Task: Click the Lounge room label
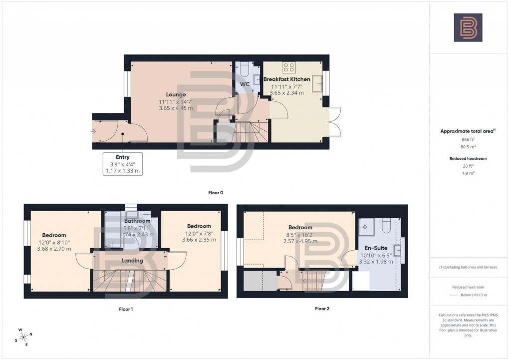(x=176, y=94)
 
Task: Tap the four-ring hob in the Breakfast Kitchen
(x=289, y=67)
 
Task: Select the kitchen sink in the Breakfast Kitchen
(x=317, y=86)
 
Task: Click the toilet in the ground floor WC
(x=245, y=68)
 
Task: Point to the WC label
(x=245, y=84)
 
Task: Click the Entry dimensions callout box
(x=122, y=164)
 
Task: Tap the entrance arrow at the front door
(x=93, y=131)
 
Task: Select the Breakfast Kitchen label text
(x=286, y=79)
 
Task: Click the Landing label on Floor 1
(x=132, y=260)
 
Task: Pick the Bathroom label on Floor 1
(x=137, y=221)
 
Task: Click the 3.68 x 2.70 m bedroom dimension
(x=54, y=249)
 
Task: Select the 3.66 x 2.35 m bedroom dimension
(x=199, y=240)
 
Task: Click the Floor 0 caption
(x=216, y=192)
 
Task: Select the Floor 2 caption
(x=322, y=309)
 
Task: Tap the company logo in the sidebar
(x=468, y=27)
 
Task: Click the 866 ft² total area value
(x=468, y=140)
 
